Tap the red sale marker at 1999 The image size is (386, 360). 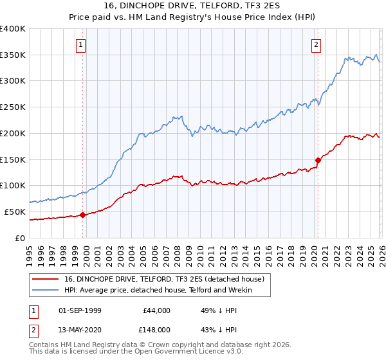point(82,215)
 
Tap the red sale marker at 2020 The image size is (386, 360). point(318,160)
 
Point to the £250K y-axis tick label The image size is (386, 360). point(13,107)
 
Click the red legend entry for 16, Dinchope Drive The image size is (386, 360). point(163,279)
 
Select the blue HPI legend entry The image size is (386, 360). point(158,291)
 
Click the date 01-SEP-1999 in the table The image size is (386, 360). point(80,310)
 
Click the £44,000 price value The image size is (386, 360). point(156,310)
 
